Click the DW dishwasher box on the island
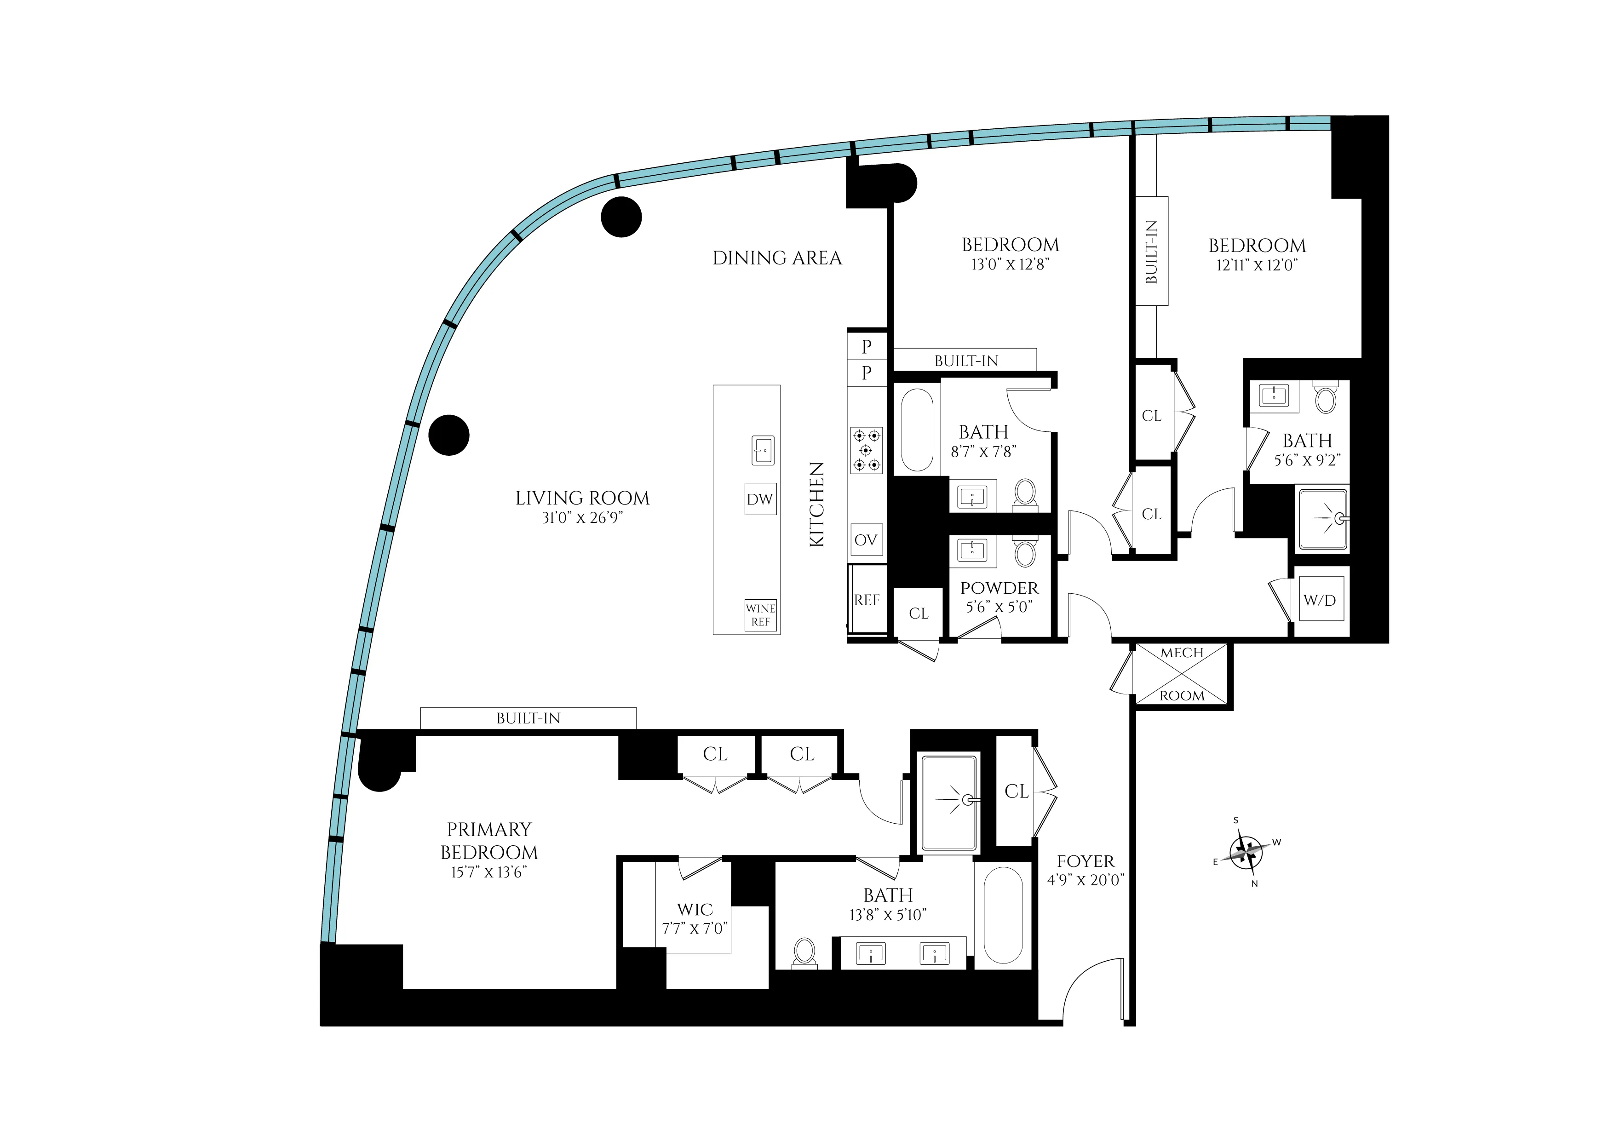click(x=760, y=499)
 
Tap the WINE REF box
click(x=761, y=615)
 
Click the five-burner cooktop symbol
click(x=866, y=450)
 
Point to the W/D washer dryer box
click(x=1320, y=600)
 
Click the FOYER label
click(x=1086, y=861)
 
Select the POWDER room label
click(x=999, y=588)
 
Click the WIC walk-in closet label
click(x=695, y=910)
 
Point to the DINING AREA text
click(x=777, y=258)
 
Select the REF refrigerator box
click(x=867, y=600)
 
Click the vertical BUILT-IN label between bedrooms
click(x=1151, y=252)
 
